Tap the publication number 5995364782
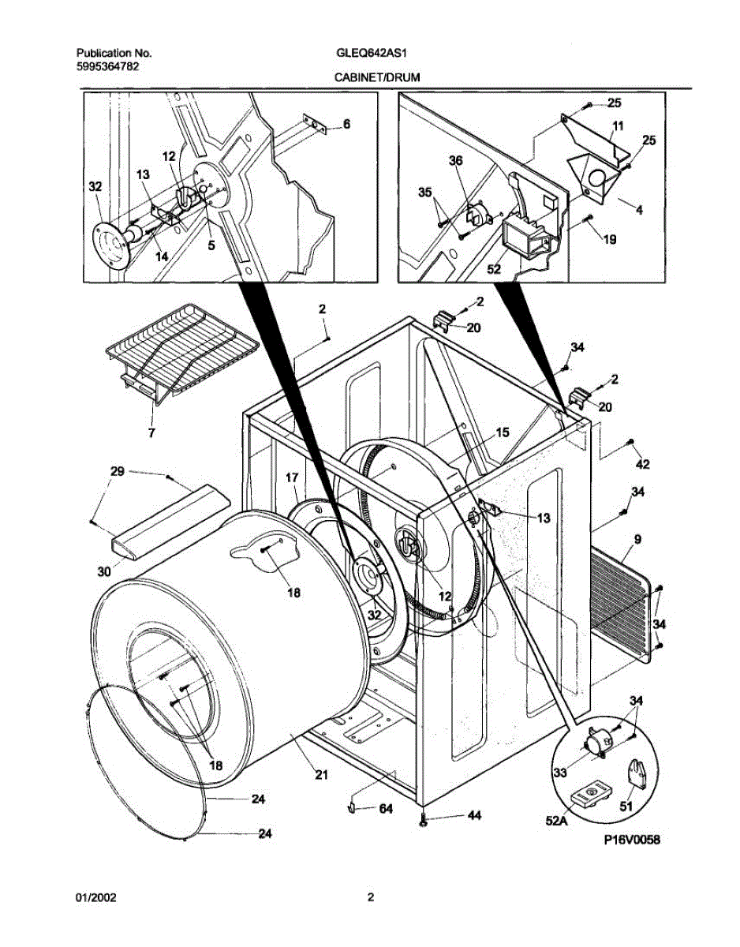coord(108,66)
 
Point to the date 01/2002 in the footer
coord(95,897)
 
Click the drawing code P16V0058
coord(630,840)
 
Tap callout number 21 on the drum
coord(320,775)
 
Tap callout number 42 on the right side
coord(643,462)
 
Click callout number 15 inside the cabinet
coord(503,432)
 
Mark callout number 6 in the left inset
coord(346,125)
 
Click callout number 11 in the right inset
coord(617,125)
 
